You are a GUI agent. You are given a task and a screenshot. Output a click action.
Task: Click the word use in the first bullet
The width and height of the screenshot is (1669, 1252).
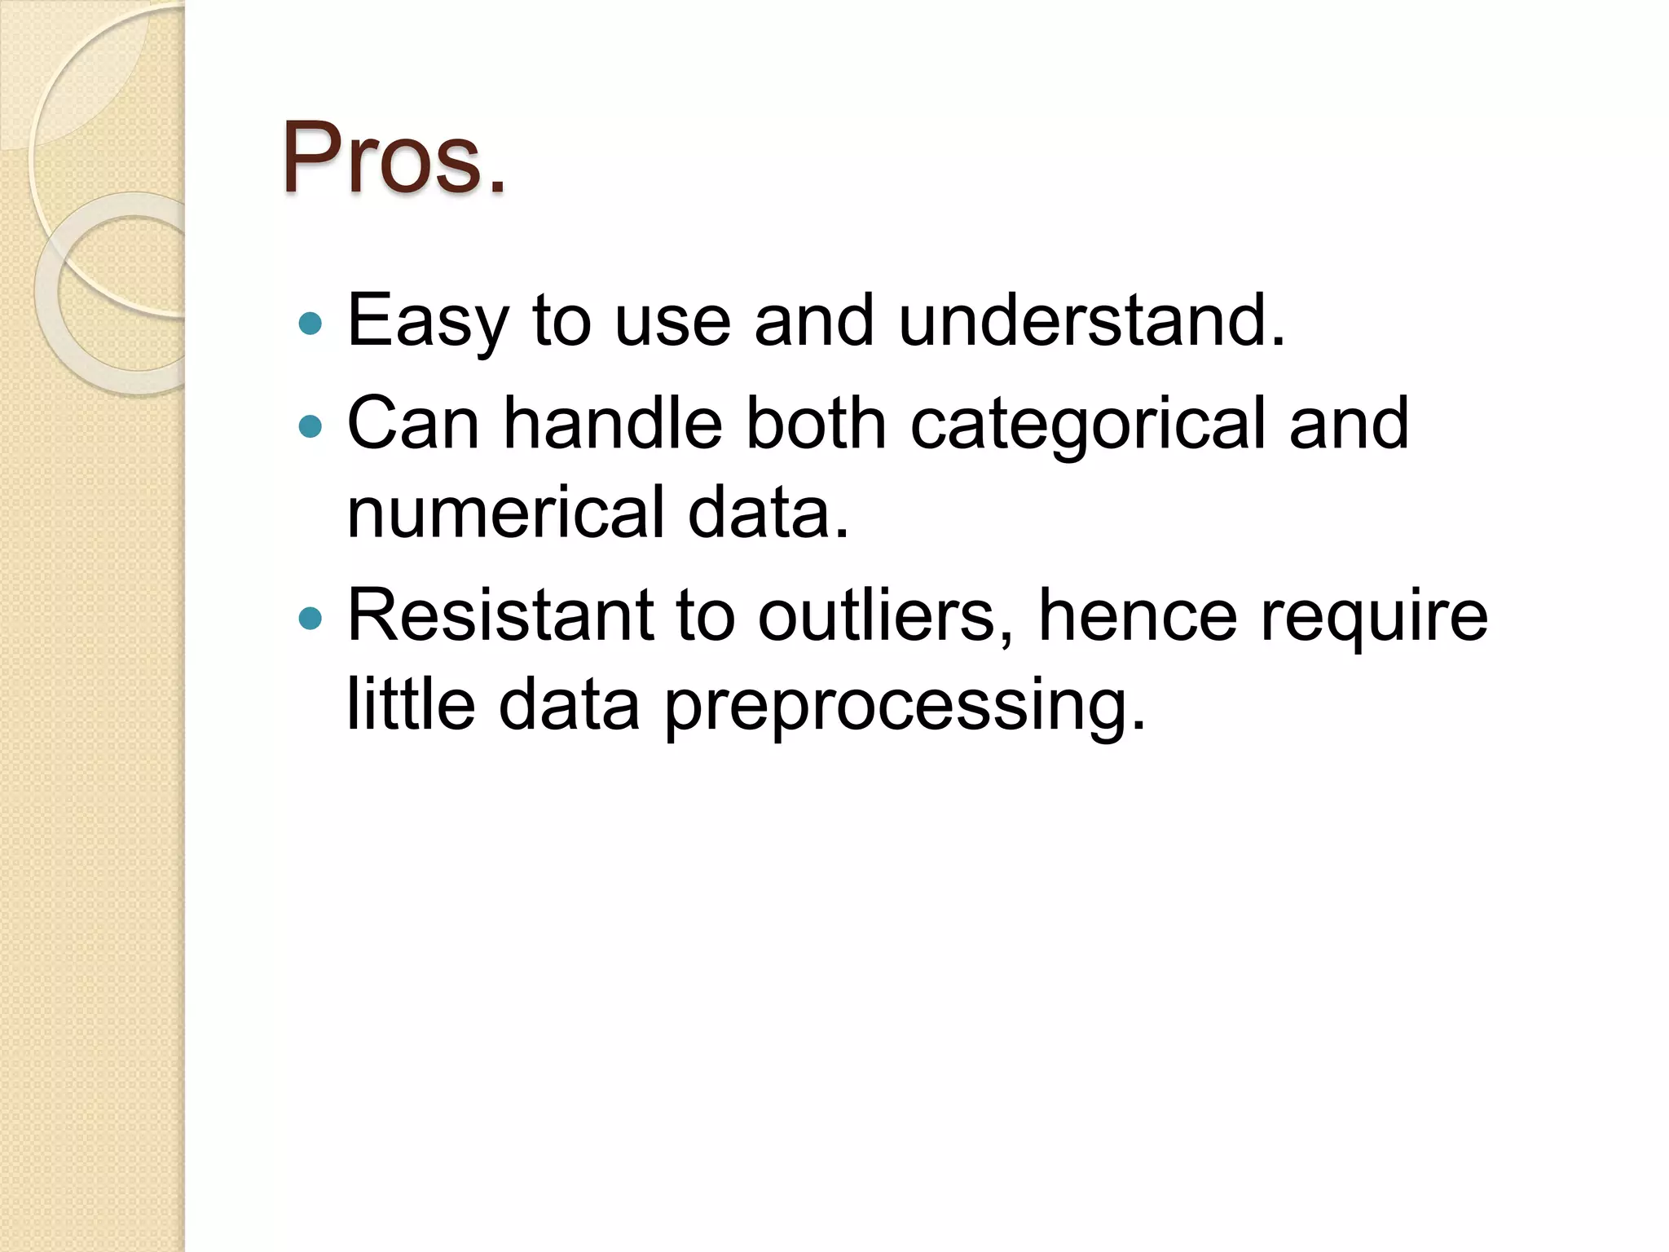pos(672,322)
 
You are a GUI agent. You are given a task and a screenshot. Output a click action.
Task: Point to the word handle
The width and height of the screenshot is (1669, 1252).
pos(613,423)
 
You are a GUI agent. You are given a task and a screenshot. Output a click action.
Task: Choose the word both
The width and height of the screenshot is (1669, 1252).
pos(816,423)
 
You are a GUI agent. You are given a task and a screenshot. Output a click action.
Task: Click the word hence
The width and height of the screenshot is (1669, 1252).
pos(1138,615)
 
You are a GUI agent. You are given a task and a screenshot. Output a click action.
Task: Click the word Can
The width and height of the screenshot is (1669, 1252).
pos(413,423)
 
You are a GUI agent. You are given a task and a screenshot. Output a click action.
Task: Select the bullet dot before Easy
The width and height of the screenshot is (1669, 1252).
pos(310,324)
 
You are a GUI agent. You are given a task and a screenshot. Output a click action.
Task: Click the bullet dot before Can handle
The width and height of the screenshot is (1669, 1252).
pos(310,425)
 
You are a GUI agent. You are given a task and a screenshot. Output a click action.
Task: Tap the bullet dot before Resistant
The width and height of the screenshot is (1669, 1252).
pos(310,619)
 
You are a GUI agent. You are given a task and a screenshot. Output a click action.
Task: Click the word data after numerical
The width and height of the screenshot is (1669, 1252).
pos(768,513)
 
